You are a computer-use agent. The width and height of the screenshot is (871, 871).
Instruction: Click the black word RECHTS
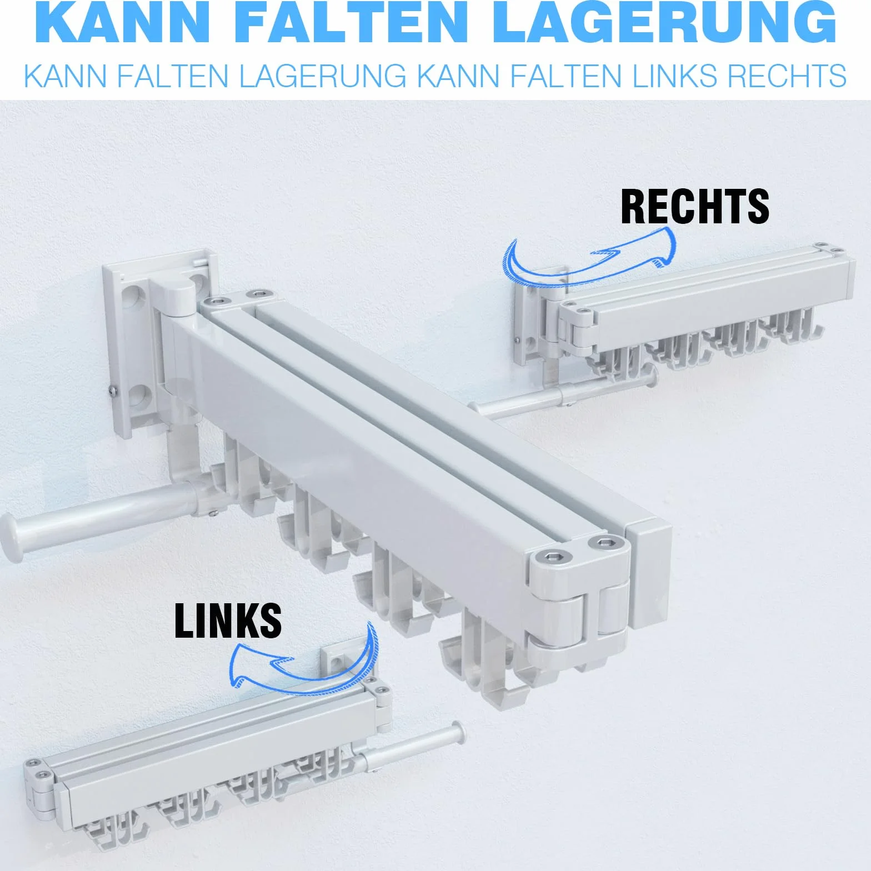(x=695, y=206)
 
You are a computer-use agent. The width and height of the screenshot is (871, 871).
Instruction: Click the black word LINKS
(x=228, y=620)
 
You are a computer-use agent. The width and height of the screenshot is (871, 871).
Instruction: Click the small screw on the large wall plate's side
(x=112, y=391)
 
